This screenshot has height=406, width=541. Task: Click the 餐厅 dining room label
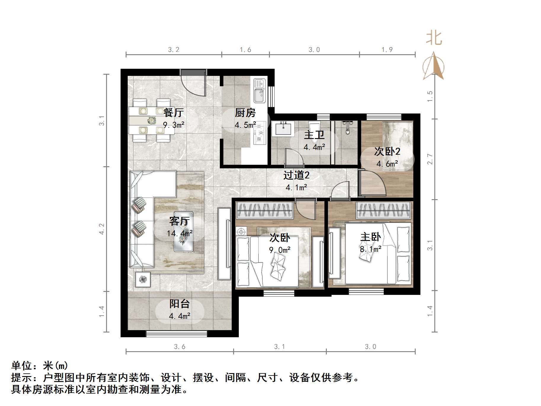coord(174,113)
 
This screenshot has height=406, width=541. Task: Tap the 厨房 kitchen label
coord(245,113)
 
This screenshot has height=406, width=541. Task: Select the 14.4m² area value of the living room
coord(180,234)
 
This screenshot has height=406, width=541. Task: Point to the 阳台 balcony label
coord(180,304)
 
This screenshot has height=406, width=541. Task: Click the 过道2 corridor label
coord(296,175)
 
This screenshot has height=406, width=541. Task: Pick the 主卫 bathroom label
coord(314,135)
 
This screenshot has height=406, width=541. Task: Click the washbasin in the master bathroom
coord(283,128)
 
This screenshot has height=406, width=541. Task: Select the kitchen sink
coord(259,91)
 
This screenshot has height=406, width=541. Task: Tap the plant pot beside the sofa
coord(143,279)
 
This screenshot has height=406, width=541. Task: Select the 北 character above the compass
coord(434,39)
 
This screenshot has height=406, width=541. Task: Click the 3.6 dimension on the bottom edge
coord(180,346)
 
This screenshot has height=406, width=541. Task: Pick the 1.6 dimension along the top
coord(246,50)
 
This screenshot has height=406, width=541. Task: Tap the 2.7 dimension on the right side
coord(430,159)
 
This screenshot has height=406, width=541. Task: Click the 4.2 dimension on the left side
coord(102,229)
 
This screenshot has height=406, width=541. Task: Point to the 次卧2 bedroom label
coord(387,151)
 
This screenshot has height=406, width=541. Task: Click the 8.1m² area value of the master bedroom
coord(371,249)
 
